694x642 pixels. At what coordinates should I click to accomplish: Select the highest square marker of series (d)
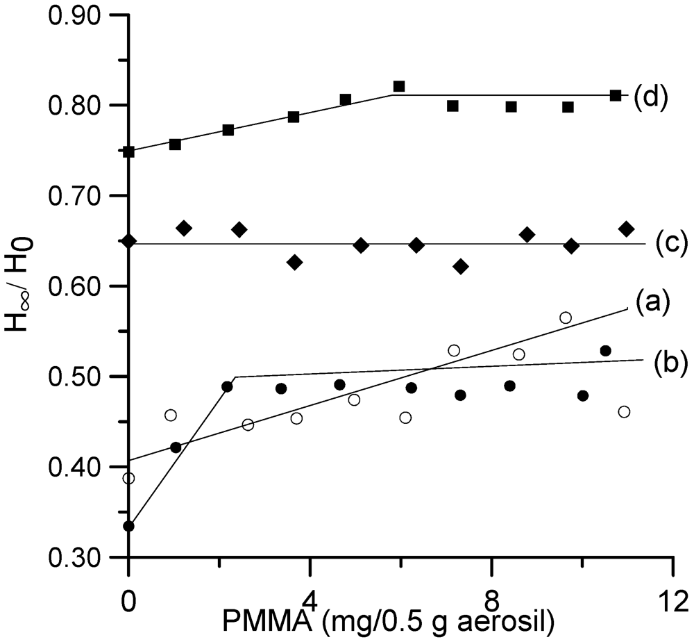(399, 86)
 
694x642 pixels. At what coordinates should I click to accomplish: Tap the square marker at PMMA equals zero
(128, 151)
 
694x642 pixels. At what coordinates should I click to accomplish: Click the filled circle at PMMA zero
(128, 526)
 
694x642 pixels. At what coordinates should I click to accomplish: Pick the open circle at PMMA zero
(128, 478)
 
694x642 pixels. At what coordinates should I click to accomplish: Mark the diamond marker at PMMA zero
(129, 241)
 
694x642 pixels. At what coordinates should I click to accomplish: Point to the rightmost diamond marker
(626, 229)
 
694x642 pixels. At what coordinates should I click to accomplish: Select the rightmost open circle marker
(624, 412)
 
